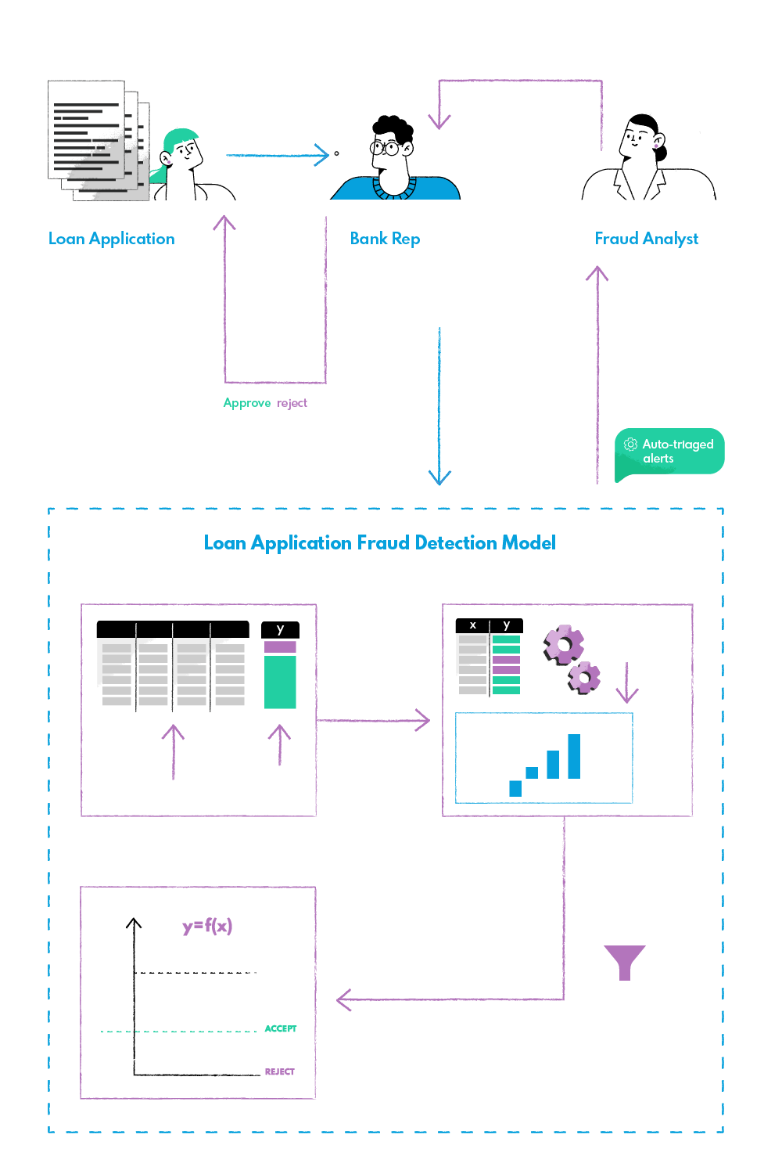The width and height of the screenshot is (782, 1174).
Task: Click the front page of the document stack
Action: tap(86, 129)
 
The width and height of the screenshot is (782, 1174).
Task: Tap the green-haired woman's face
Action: tap(185, 153)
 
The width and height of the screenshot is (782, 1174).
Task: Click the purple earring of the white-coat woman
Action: tap(655, 145)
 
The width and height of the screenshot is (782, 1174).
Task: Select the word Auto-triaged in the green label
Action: tap(678, 445)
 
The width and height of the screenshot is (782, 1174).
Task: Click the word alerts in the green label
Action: tap(658, 459)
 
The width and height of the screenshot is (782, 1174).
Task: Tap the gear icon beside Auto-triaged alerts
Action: tap(630, 445)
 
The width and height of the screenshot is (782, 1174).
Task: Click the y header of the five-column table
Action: tap(280, 629)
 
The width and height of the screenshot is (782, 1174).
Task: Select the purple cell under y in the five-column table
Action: tap(280, 646)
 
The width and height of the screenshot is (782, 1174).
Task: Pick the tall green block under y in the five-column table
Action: tap(280, 682)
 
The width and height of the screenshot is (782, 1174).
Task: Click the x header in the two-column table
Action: tap(472, 625)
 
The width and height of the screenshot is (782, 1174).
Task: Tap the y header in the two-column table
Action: tap(507, 625)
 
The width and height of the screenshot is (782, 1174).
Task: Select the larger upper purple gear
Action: tap(563, 645)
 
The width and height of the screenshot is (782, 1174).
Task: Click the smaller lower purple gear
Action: tap(584, 676)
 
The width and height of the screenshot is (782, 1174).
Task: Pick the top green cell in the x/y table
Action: tap(506, 639)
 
